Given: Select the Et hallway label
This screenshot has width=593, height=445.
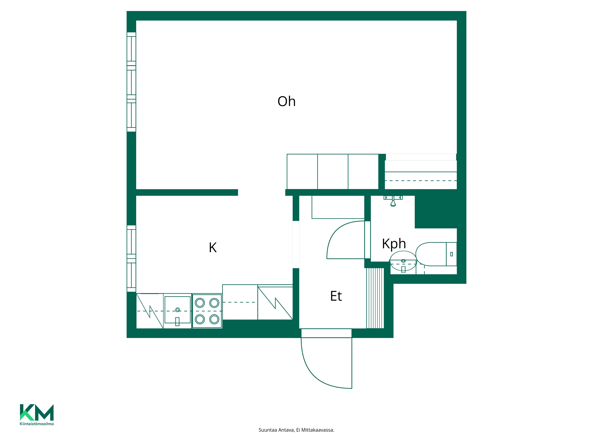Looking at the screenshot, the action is (336, 296).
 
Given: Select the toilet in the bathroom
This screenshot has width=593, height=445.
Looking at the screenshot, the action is (436, 254).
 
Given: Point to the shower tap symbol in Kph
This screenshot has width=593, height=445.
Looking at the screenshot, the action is (393, 201).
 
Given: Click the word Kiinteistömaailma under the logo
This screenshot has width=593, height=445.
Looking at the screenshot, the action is (37, 424).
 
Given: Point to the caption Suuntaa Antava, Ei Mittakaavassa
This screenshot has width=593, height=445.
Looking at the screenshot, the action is (296, 430).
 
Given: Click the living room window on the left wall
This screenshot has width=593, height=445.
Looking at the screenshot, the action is (131, 82).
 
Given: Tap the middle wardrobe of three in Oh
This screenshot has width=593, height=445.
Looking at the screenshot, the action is (333, 172).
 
